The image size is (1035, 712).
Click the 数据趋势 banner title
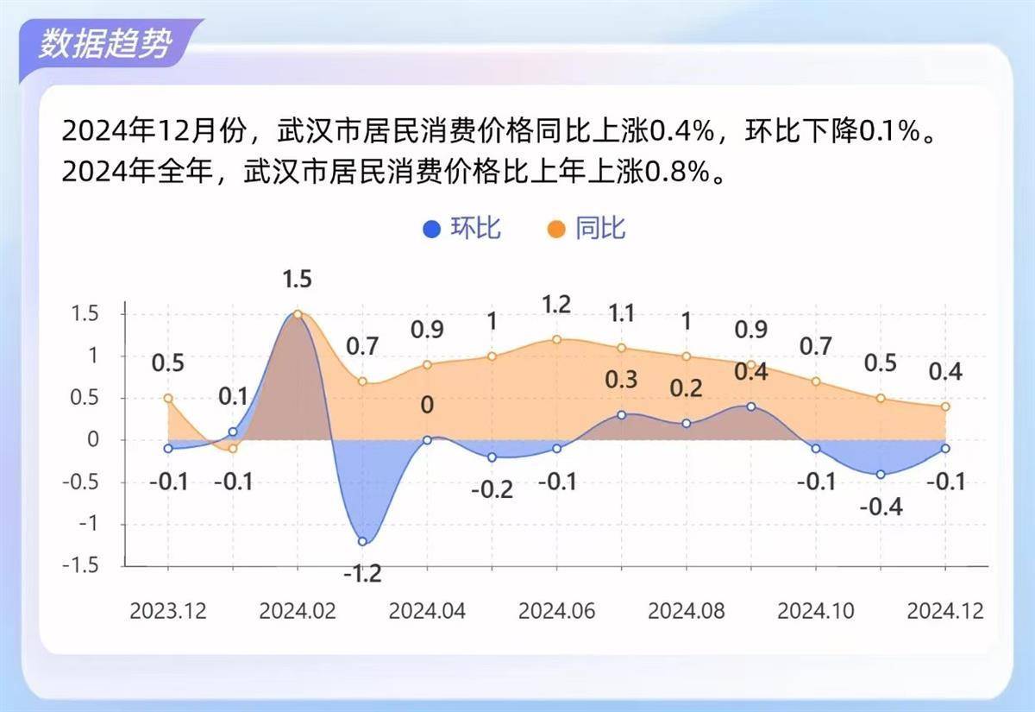(x=105, y=44)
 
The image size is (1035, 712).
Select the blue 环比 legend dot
(x=431, y=229)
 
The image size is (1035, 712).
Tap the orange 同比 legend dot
(x=556, y=229)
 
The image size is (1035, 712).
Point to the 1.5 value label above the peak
(x=297, y=280)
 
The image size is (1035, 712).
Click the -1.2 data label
(x=363, y=574)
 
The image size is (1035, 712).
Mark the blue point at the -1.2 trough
(x=362, y=541)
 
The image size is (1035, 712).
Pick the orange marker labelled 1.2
(x=557, y=340)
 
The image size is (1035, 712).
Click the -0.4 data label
(x=881, y=507)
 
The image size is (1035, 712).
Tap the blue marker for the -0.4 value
(x=881, y=475)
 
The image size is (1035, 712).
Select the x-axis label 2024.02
(x=297, y=611)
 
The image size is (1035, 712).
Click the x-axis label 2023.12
(x=167, y=611)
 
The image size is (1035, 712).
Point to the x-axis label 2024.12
(x=945, y=611)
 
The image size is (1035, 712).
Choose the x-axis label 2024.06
(x=556, y=611)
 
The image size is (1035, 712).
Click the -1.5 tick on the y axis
(x=81, y=565)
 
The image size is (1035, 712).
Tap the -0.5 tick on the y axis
(x=81, y=482)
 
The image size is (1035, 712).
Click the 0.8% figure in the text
(x=677, y=172)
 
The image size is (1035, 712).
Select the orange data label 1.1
(x=622, y=314)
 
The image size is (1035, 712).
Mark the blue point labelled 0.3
(x=622, y=415)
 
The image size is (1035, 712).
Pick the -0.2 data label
(x=492, y=489)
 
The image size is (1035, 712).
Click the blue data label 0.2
(x=687, y=388)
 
